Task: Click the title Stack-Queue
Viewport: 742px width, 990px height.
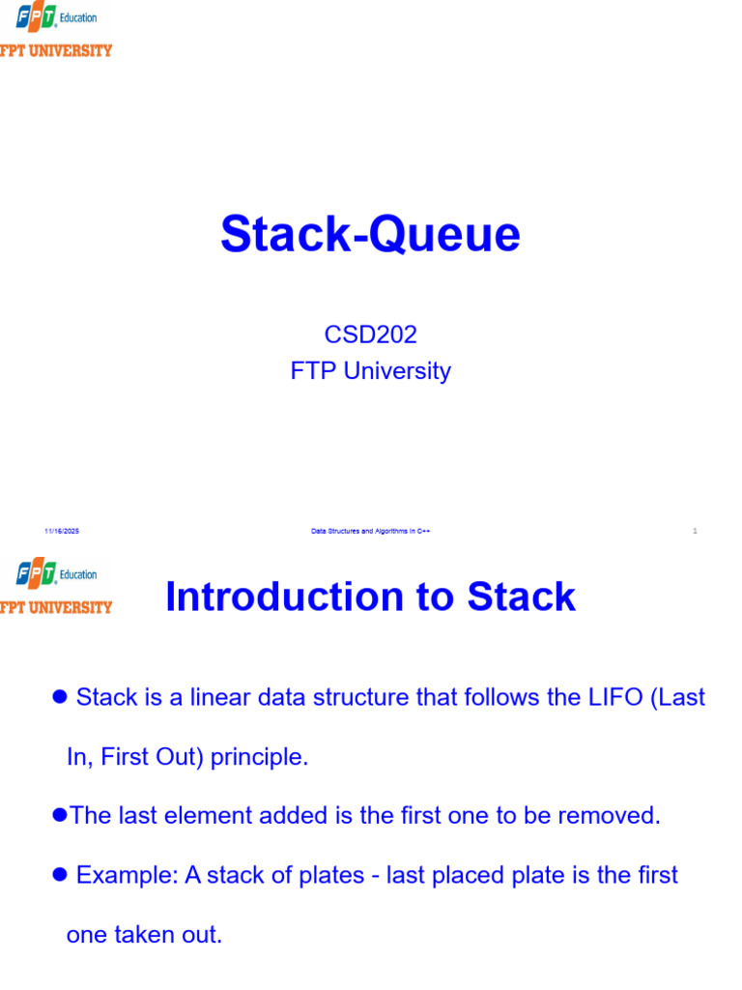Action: (x=370, y=234)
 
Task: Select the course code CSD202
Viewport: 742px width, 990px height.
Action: (x=370, y=335)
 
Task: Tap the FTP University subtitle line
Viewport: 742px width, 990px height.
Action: (x=370, y=370)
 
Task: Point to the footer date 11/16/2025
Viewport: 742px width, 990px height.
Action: (x=62, y=531)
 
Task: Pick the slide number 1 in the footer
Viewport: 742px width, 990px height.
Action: (x=695, y=531)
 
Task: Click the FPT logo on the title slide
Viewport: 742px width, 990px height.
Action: (x=55, y=30)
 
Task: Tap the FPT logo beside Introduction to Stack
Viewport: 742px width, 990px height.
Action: (x=55, y=587)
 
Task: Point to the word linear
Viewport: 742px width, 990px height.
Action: (x=220, y=697)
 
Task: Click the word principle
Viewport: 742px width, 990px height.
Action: (x=259, y=757)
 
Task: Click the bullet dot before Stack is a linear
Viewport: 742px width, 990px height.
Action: (x=60, y=696)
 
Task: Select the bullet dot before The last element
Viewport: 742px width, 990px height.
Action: (x=60, y=814)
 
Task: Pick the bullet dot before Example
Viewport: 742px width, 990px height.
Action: (x=60, y=874)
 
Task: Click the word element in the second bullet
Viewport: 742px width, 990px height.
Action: (x=208, y=816)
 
